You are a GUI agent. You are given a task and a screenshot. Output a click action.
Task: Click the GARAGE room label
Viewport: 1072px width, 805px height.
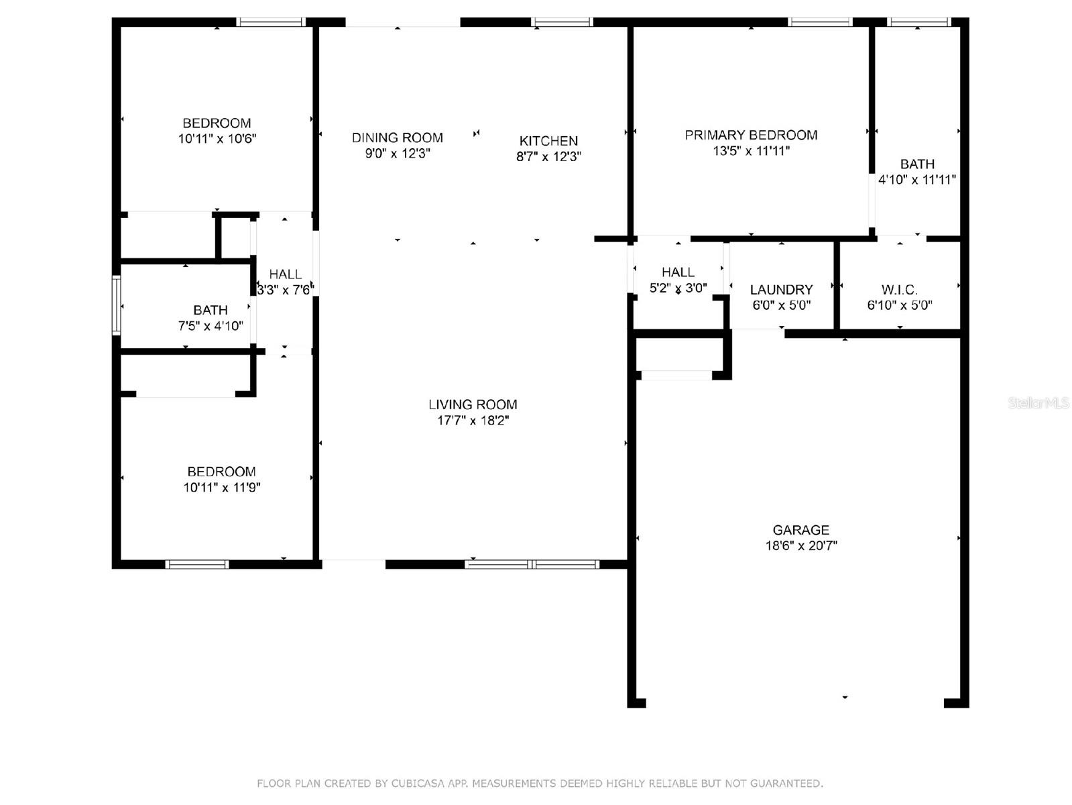[800, 530]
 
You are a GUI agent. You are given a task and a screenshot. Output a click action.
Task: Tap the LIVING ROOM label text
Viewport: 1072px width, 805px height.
[472, 405]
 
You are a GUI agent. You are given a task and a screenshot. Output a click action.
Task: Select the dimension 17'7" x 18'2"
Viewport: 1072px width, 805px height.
[472, 420]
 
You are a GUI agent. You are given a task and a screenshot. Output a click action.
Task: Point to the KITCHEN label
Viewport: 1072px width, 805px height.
[548, 141]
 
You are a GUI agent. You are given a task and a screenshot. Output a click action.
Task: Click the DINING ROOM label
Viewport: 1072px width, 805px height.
[397, 138]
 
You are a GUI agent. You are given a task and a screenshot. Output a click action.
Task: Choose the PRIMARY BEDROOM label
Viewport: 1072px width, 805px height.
[751, 135]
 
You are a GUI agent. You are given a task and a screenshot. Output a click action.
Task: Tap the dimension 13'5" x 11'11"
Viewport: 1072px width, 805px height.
[751, 150]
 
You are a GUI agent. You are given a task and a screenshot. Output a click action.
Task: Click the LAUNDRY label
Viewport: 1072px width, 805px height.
[781, 290]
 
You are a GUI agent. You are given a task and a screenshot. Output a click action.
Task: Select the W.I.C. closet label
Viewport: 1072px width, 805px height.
[899, 290]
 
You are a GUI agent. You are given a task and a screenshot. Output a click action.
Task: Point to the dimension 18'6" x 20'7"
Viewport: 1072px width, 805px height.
[801, 545]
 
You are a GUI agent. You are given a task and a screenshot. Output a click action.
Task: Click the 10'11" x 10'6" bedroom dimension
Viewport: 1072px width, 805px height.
[217, 139]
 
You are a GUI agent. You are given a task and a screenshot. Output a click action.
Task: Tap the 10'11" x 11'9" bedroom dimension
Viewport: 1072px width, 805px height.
[221, 487]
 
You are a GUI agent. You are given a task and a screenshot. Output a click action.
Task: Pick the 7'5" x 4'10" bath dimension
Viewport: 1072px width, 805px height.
[211, 325]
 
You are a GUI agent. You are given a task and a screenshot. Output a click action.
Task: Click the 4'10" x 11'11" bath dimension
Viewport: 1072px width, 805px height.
[916, 180]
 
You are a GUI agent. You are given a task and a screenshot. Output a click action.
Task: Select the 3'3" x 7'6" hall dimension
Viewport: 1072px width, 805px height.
[285, 290]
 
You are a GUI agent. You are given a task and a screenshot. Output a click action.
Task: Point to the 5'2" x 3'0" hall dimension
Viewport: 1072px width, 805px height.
[678, 288]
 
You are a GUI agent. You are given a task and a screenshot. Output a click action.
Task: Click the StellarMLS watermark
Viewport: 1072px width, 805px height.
[1038, 403]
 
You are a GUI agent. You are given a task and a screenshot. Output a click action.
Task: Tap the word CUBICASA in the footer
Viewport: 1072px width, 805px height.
[418, 784]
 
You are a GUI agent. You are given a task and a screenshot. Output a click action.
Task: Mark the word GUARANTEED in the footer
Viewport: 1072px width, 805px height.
[786, 784]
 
